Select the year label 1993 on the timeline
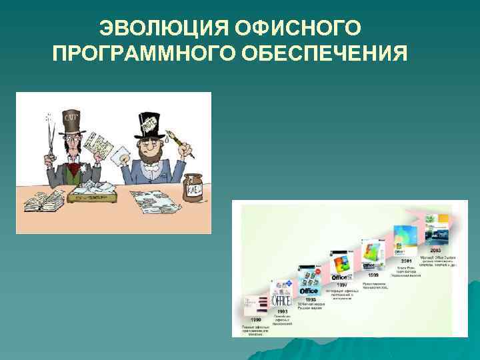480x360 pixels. click(x=283, y=310)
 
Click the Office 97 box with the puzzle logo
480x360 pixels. click(x=342, y=262)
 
